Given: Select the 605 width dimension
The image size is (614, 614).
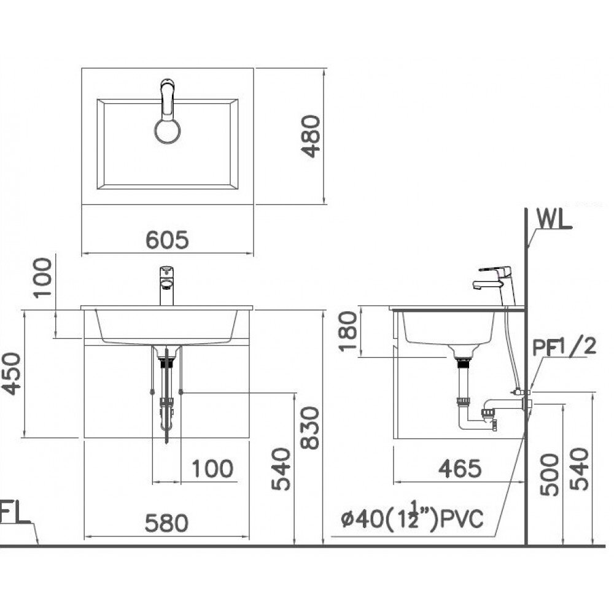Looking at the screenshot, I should pos(167,240).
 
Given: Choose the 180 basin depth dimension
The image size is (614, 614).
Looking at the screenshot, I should pos(348,331).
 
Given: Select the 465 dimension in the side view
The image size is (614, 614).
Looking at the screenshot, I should pos(460,468).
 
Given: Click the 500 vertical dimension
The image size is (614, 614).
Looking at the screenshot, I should pos(550,474).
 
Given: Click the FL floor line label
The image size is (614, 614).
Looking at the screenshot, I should pos(14,513).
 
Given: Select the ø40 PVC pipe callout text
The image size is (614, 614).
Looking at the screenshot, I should pos(413,519).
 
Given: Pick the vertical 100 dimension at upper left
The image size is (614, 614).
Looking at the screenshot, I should pos(44,277).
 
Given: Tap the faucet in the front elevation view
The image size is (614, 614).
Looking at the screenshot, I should pos(166,285).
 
